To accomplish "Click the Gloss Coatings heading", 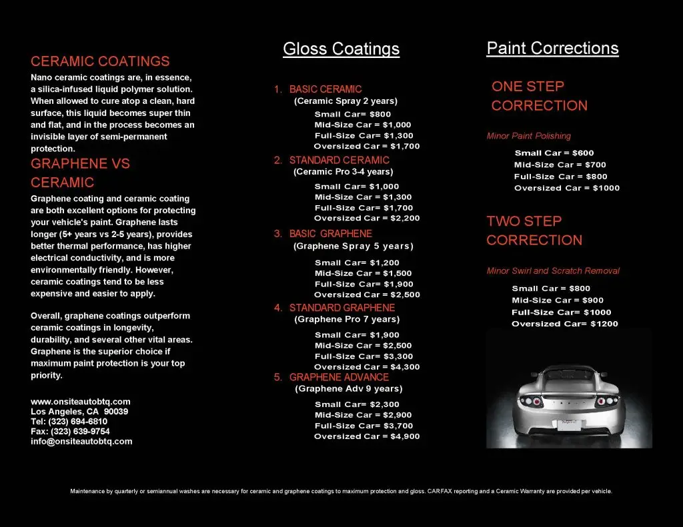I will [341, 49].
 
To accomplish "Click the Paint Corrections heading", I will [552, 48].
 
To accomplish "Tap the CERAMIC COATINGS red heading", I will [100, 61].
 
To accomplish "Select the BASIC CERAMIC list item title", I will [325, 89].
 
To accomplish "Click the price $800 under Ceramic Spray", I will [380, 114].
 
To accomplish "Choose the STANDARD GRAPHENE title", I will [341, 308].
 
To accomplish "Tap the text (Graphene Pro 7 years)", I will [347, 319].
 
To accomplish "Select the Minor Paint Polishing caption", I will [529, 136].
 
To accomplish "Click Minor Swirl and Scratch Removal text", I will [553, 270].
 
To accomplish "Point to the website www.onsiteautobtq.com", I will [81, 402].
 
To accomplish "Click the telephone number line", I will [69, 422].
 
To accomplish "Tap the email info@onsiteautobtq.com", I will [81, 441].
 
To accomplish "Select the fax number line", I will [70, 431].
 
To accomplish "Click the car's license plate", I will [567, 425].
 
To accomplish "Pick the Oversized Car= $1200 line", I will [564, 324].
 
